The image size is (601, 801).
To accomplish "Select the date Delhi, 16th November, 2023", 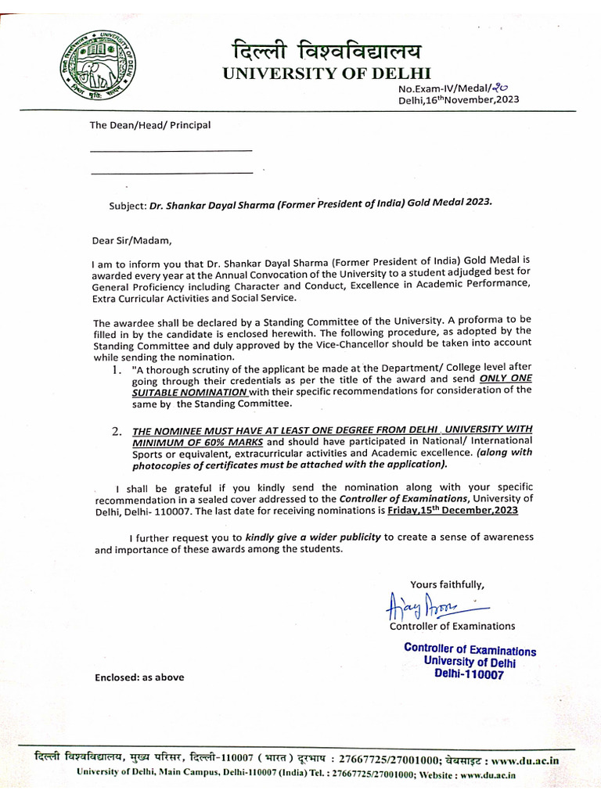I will (x=457, y=101).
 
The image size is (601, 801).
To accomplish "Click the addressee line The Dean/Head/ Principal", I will (x=149, y=124).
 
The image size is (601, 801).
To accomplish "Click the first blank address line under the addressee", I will (x=171, y=149).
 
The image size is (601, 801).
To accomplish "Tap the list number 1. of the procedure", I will (x=117, y=368).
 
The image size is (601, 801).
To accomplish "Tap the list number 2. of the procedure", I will (x=117, y=431).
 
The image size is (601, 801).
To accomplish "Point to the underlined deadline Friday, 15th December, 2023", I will (x=452, y=509).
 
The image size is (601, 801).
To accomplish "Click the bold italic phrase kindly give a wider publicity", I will (x=313, y=537).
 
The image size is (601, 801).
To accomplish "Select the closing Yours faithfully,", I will (x=448, y=584).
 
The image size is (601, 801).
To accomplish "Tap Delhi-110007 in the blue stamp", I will (x=469, y=673).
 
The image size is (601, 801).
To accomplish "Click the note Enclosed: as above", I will (x=139, y=677).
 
